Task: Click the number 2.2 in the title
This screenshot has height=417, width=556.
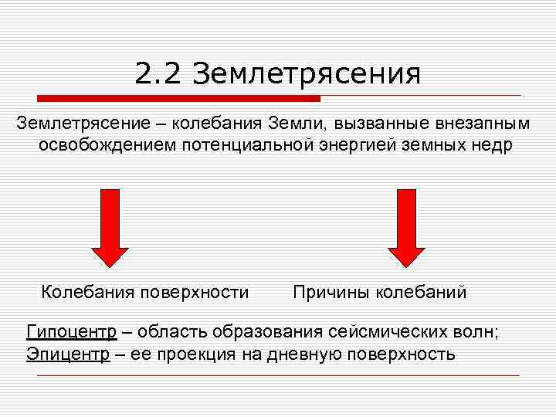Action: [x=159, y=75]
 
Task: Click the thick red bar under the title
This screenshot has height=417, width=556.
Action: [x=178, y=98]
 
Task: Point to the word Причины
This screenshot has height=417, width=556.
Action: [x=330, y=292]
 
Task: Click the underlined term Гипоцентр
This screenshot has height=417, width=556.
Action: [x=72, y=332]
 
